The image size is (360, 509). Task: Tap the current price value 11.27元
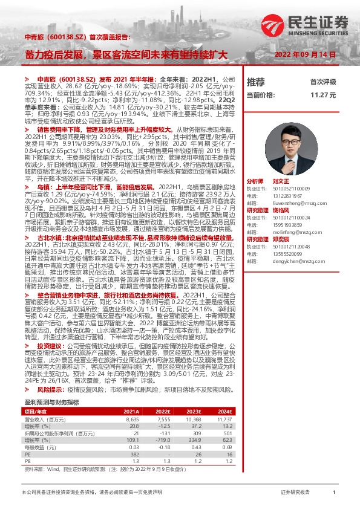[324, 96]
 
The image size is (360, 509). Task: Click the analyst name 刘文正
[298, 181]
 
